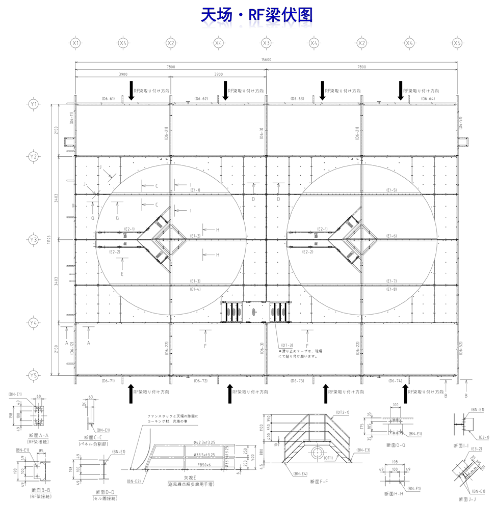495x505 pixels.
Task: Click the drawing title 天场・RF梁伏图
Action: [256, 16]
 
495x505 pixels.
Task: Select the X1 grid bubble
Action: [75, 43]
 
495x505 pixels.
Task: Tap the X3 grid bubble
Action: [266, 43]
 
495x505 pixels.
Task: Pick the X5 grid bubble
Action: [457, 43]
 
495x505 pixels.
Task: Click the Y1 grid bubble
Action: [34, 104]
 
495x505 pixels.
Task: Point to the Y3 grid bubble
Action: [34, 239]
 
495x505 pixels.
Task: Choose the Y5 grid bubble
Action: [34, 375]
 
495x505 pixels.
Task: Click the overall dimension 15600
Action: [266, 60]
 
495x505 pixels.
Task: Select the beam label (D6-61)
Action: [108, 98]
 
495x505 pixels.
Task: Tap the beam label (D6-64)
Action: [428, 98]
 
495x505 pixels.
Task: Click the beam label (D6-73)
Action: [297, 381]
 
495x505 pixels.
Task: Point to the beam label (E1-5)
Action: [392, 190]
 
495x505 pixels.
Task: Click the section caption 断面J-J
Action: [467, 499]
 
